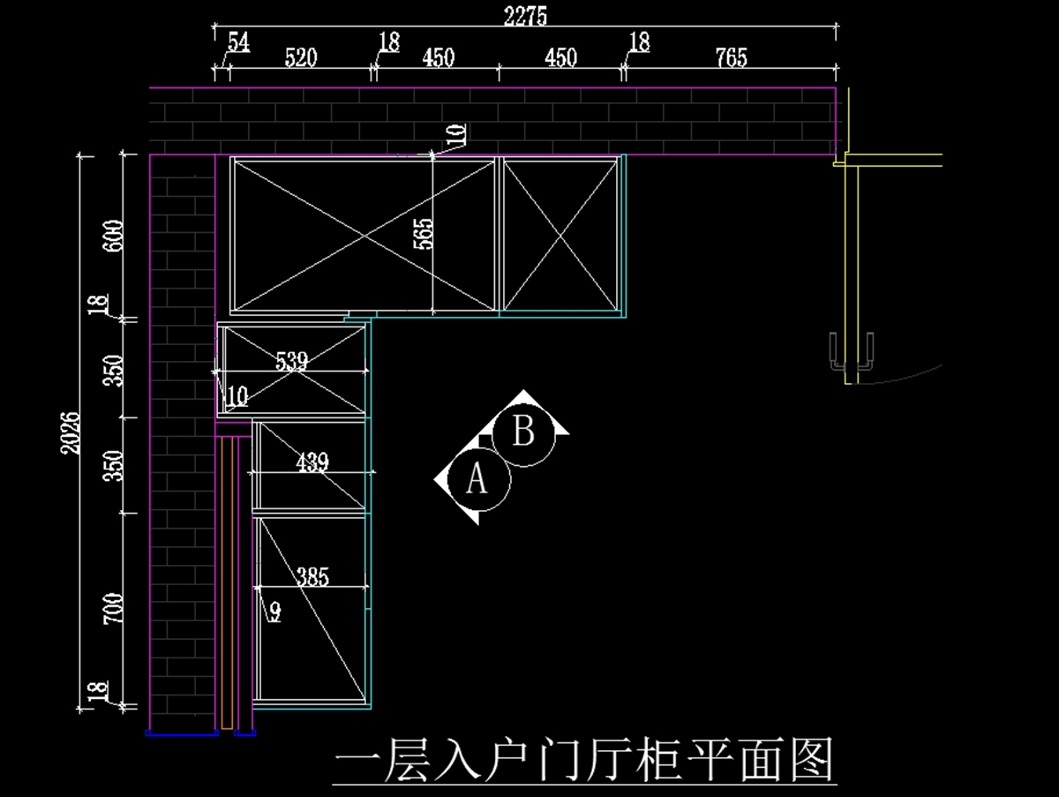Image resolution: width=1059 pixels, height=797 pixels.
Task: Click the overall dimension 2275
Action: (x=526, y=16)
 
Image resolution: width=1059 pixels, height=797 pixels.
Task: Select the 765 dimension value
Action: (x=731, y=58)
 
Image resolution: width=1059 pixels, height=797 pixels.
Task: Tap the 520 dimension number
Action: (x=300, y=58)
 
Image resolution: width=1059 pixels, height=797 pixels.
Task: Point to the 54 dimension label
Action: (x=238, y=41)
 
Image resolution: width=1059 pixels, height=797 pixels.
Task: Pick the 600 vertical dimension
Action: (x=113, y=236)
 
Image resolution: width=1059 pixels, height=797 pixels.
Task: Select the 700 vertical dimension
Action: (x=113, y=609)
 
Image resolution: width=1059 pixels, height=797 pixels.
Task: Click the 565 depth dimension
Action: (x=424, y=234)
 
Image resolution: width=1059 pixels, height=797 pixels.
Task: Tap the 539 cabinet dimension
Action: (x=291, y=360)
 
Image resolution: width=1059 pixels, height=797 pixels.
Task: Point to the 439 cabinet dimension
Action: (x=312, y=462)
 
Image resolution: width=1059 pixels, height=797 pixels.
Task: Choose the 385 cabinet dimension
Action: (x=312, y=577)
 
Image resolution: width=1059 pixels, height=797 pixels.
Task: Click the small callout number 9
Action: (x=274, y=611)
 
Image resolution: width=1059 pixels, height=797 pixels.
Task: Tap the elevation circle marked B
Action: (x=523, y=433)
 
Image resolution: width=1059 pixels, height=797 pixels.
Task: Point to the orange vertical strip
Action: (x=227, y=583)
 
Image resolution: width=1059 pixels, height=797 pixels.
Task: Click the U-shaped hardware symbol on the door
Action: (x=852, y=351)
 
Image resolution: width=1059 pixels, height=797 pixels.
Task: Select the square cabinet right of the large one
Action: (x=560, y=235)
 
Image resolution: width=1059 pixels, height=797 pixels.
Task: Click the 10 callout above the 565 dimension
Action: (x=455, y=134)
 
